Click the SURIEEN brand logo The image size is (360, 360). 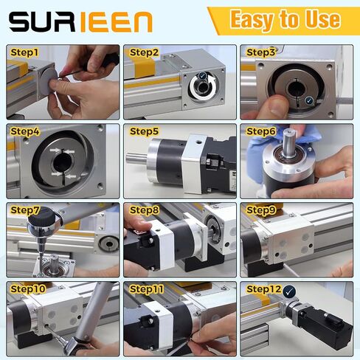point(80,22)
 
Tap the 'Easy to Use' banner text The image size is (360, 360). point(285,19)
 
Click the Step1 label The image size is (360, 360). point(24,52)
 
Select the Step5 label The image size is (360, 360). point(144,131)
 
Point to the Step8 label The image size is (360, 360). point(144,210)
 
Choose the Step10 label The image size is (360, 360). point(28,289)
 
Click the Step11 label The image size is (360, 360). point(147,289)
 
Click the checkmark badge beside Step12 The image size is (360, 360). point(289,291)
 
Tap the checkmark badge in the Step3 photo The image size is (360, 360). point(309,100)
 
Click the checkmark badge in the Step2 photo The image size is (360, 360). point(202,76)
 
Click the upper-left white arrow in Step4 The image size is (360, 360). point(55,150)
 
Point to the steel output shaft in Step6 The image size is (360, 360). point(289,142)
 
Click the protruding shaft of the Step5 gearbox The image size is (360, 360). point(136,158)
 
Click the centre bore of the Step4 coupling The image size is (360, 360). point(62,162)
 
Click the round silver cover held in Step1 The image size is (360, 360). point(49,79)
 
